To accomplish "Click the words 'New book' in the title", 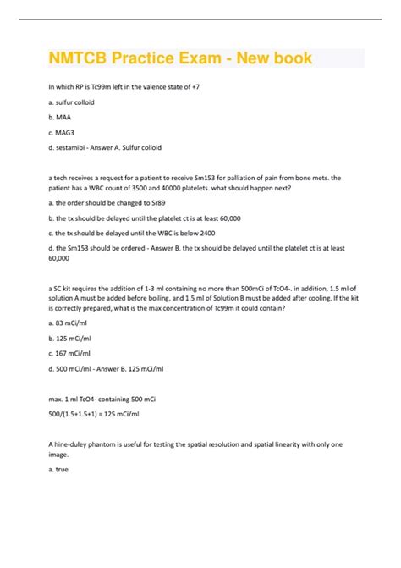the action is click(x=275, y=58).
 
